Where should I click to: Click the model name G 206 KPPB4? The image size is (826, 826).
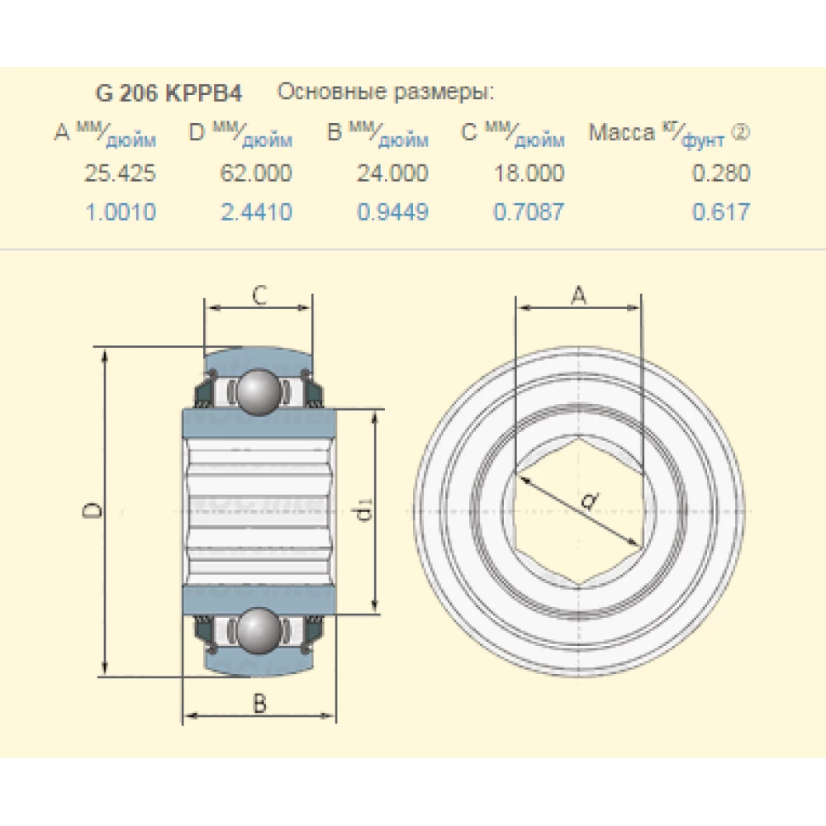(169, 93)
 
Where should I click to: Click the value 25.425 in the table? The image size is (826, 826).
(120, 173)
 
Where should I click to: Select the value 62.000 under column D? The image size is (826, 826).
(256, 173)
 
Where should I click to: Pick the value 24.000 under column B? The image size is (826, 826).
(392, 173)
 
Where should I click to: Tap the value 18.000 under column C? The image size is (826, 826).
(529, 173)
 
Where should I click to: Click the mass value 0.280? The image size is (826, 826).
(721, 173)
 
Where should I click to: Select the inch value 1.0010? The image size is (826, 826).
(120, 213)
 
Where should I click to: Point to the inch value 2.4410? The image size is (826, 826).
(256, 213)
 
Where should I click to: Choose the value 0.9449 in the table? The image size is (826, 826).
(392, 213)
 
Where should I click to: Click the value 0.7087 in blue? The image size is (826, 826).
(529, 213)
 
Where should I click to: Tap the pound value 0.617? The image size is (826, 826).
(721, 213)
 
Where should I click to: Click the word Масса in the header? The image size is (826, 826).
(621, 134)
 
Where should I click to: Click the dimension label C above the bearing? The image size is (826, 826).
(259, 295)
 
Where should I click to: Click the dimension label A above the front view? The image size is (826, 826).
(579, 295)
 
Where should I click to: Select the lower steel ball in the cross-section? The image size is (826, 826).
(259, 632)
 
